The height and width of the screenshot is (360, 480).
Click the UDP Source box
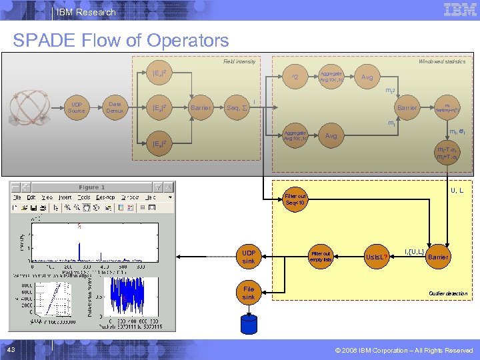coord(77,107)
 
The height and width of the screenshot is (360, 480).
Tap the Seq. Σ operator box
coord(237,107)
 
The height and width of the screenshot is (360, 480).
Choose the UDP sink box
coord(248,257)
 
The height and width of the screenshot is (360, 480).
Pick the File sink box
coord(248,293)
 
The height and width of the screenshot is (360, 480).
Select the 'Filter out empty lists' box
coord(321,257)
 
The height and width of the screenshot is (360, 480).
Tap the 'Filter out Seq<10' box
coord(294,200)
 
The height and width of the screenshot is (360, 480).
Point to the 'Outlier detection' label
coord(448,293)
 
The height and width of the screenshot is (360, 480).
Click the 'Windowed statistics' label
coord(441,61)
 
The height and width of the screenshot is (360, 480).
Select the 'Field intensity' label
coord(239,61)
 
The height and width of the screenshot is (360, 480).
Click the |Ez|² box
coord(159,143)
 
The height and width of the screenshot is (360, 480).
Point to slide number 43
coord(12,351)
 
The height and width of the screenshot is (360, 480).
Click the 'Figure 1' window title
coord(92,187)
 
